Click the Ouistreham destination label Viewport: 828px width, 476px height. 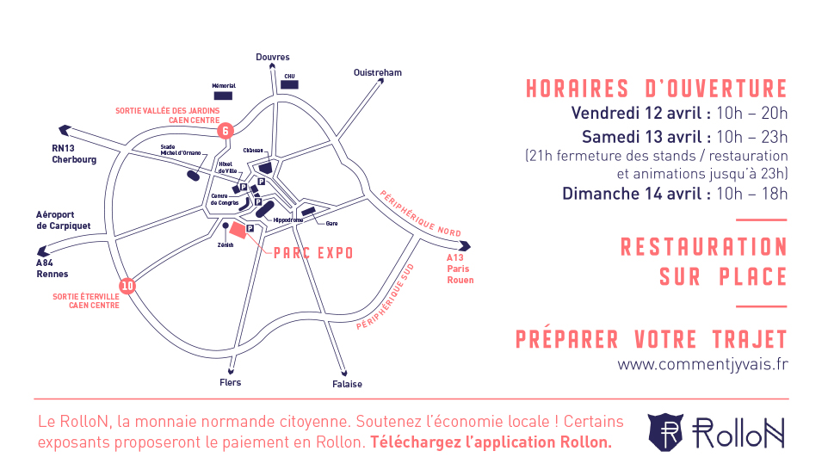377,73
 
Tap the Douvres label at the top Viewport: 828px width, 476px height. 273,57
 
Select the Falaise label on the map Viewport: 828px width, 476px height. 347,384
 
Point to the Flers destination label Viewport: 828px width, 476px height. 231,382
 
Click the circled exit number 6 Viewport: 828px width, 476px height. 226,131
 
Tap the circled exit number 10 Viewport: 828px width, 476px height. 128,286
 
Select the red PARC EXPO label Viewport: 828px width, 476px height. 313,254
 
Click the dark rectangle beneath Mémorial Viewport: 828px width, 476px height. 224,95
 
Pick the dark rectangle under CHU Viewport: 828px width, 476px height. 289,85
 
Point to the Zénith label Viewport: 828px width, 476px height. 226,244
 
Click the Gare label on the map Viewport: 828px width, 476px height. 331,223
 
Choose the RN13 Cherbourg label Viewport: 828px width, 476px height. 74,154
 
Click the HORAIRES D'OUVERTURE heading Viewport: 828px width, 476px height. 657,89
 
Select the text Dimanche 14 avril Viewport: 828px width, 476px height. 636,193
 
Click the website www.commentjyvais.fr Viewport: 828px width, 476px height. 701,364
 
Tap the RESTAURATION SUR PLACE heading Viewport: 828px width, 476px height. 704,262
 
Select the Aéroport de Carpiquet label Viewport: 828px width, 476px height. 63,219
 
